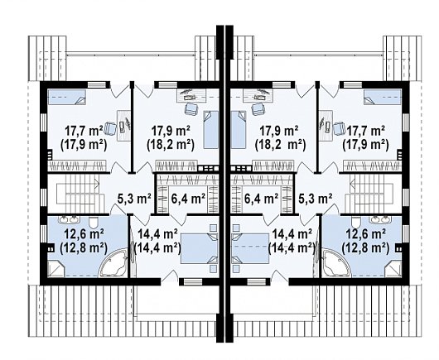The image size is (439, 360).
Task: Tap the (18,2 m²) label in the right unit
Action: pyautogui.click(x=280, y=145)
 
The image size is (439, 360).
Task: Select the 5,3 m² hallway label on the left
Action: pyautogui.click(x=134, y=199)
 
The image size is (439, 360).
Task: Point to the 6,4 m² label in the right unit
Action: pyautogui.click(x=261, y=199)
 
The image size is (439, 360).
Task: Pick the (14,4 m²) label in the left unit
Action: pyautogui.click(x=157, y=247)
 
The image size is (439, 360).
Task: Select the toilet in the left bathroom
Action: pyautogui.click(x=94, y=222)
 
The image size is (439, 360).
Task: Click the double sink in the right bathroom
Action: pyautogui.click(x=380, y=219)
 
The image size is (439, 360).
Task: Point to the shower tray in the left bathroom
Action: pyautogui.click(x=56, y=268)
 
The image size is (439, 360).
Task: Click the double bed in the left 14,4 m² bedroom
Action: pyautogui.click(x=199, y=248)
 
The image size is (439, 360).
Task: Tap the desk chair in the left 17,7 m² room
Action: pyautogui.click(x=110, y=128)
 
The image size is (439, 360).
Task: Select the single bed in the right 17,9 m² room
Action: pyautogui.click(x=238, y=129)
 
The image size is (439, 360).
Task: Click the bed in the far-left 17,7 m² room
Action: pyautogui.click(x=66, y=97)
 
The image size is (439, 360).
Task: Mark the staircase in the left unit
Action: pyautogui.click(x=79, y=194)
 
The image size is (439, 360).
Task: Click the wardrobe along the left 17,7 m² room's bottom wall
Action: pyautogui.click(x=77, y=166)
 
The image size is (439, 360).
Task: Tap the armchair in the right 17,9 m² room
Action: pyautogui.click(x=258, y=108)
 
